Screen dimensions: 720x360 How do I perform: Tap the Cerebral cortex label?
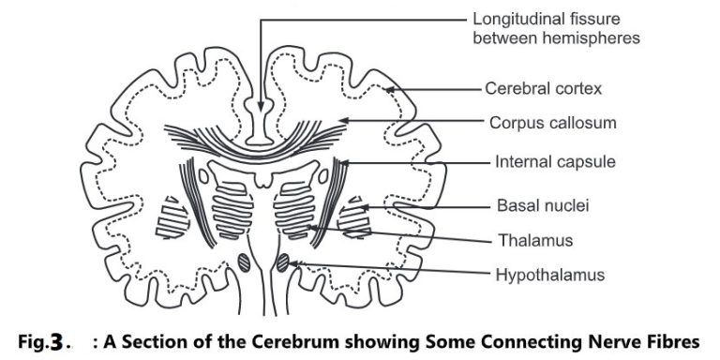point(543,90)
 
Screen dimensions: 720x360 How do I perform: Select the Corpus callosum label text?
point(551,122)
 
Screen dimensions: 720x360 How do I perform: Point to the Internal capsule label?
point(555,161)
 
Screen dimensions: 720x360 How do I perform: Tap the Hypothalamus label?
point(550,275)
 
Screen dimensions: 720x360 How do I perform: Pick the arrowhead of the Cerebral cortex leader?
point(386,91)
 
